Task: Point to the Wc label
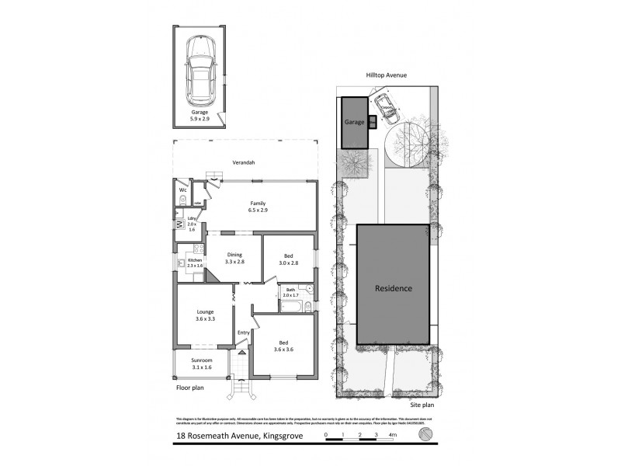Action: click(x=183, y=190)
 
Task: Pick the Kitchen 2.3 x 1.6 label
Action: click(x=190, y=263)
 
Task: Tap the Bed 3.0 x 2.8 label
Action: click(x=289, y=259)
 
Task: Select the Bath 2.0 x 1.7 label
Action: click(x=290, y=292)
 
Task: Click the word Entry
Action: click(x=243, y=333)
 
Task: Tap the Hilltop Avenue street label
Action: click(x=387, y=75)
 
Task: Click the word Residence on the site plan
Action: click(x=394, y=289)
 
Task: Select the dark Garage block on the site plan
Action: click(x=355, y=123)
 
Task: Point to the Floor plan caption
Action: click(x=190, y=386)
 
